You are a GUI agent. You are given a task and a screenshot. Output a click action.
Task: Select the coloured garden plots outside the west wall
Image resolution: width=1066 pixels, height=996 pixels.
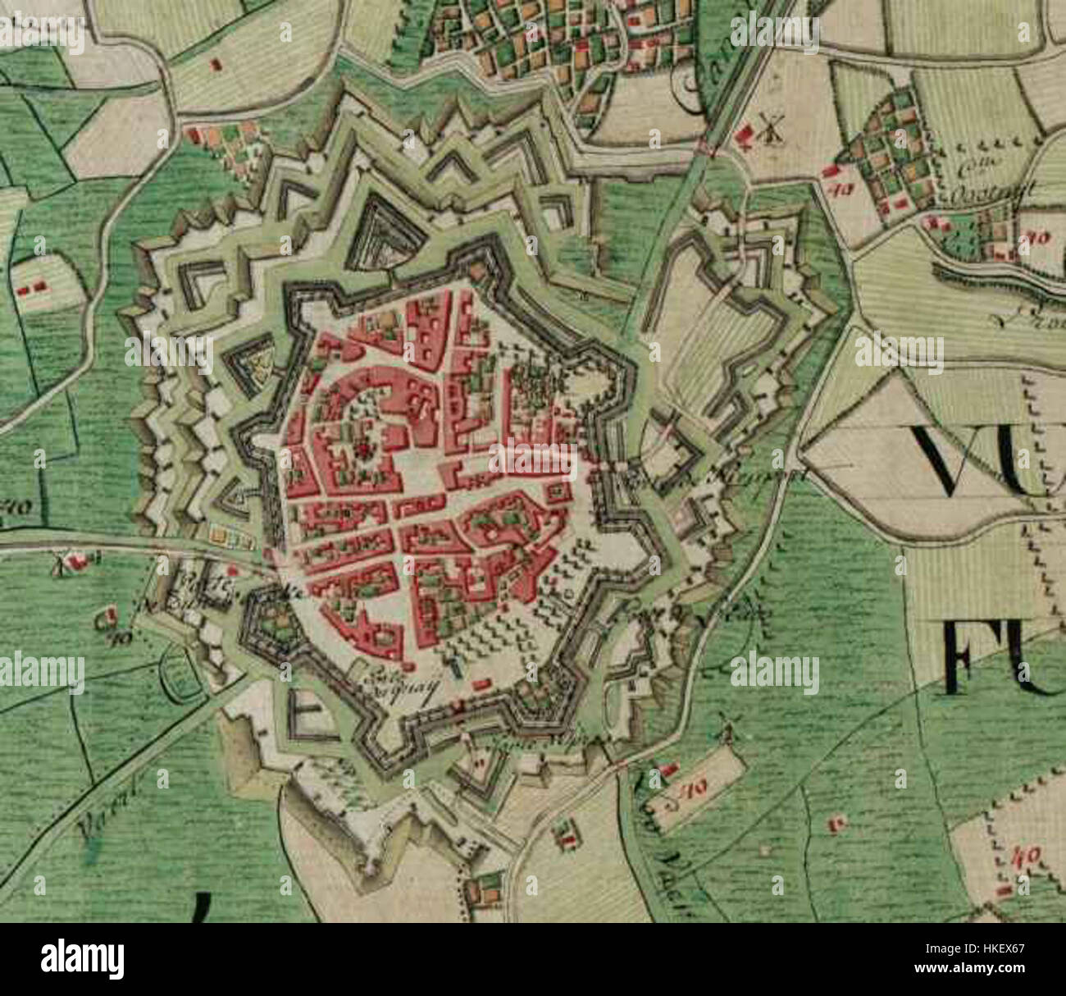[x=230, y=536]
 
